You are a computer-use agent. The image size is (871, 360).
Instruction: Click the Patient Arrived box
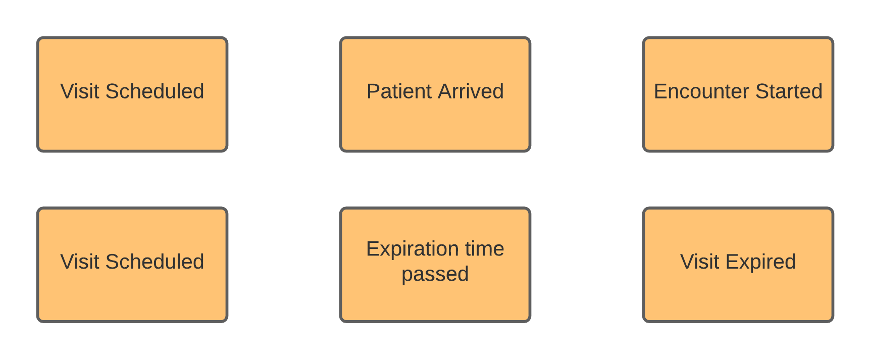point(435,121)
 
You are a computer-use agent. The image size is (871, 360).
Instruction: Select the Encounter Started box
point(738,121)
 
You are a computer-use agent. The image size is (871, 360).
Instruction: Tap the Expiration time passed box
point(435,298)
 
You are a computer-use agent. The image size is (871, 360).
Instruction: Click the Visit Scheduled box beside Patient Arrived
point(132,121)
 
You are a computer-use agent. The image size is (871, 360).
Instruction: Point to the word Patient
point(399,91)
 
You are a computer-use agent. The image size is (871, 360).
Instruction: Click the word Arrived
point(471,91)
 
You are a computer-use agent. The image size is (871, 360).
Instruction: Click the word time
point(484,249)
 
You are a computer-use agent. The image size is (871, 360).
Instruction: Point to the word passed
point(435,274)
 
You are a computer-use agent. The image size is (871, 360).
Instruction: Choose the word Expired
point(760,262)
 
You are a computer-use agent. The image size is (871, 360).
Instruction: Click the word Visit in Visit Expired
point(700,262)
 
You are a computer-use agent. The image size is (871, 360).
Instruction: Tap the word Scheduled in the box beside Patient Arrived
point(155,91)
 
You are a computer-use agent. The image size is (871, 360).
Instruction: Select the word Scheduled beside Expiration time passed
point(155,262)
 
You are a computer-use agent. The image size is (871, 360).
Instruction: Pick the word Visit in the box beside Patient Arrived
point(80,91)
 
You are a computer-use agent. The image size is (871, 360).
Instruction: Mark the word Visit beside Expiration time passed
point(80,262)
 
